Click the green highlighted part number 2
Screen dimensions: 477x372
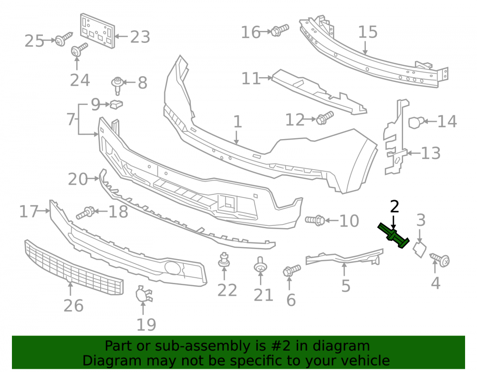coord(394,236)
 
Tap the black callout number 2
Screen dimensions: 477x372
coord(394,207)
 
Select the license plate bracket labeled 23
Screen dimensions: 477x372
coord(98,30)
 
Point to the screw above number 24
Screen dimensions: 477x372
coord(79,50)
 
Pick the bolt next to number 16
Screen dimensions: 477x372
coord(280,30)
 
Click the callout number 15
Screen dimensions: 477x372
coord(368,32)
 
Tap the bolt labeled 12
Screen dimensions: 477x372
coord(324,118)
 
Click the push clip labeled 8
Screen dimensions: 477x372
coord(117,86)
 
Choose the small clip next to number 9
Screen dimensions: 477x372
coord(116,104)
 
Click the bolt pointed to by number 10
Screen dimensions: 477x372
coord(315,220)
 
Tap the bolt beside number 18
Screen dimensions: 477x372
coord(85,212)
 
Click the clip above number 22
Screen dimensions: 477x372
coord(224,260)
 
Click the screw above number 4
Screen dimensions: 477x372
coord(440,260)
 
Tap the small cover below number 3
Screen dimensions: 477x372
coord(419,249)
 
